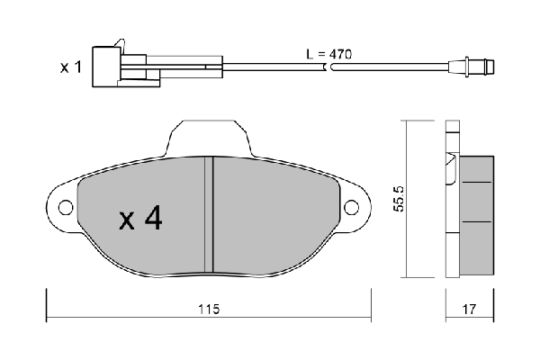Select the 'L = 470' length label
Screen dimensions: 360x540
tap(328, 54)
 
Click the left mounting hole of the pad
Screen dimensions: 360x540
tap(65, 208)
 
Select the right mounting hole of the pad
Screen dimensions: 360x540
tap(353, 208)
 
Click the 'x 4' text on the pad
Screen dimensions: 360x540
tap(140, 219)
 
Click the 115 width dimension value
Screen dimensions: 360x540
tap(208, 308)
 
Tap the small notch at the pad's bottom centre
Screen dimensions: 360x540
tap(209, 271)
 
